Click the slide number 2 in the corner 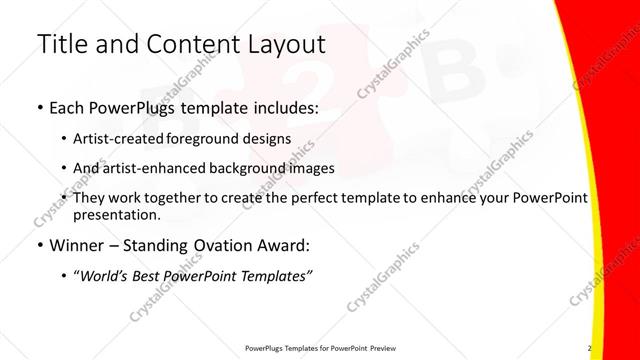pyautogui.click(x=589, y=348)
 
